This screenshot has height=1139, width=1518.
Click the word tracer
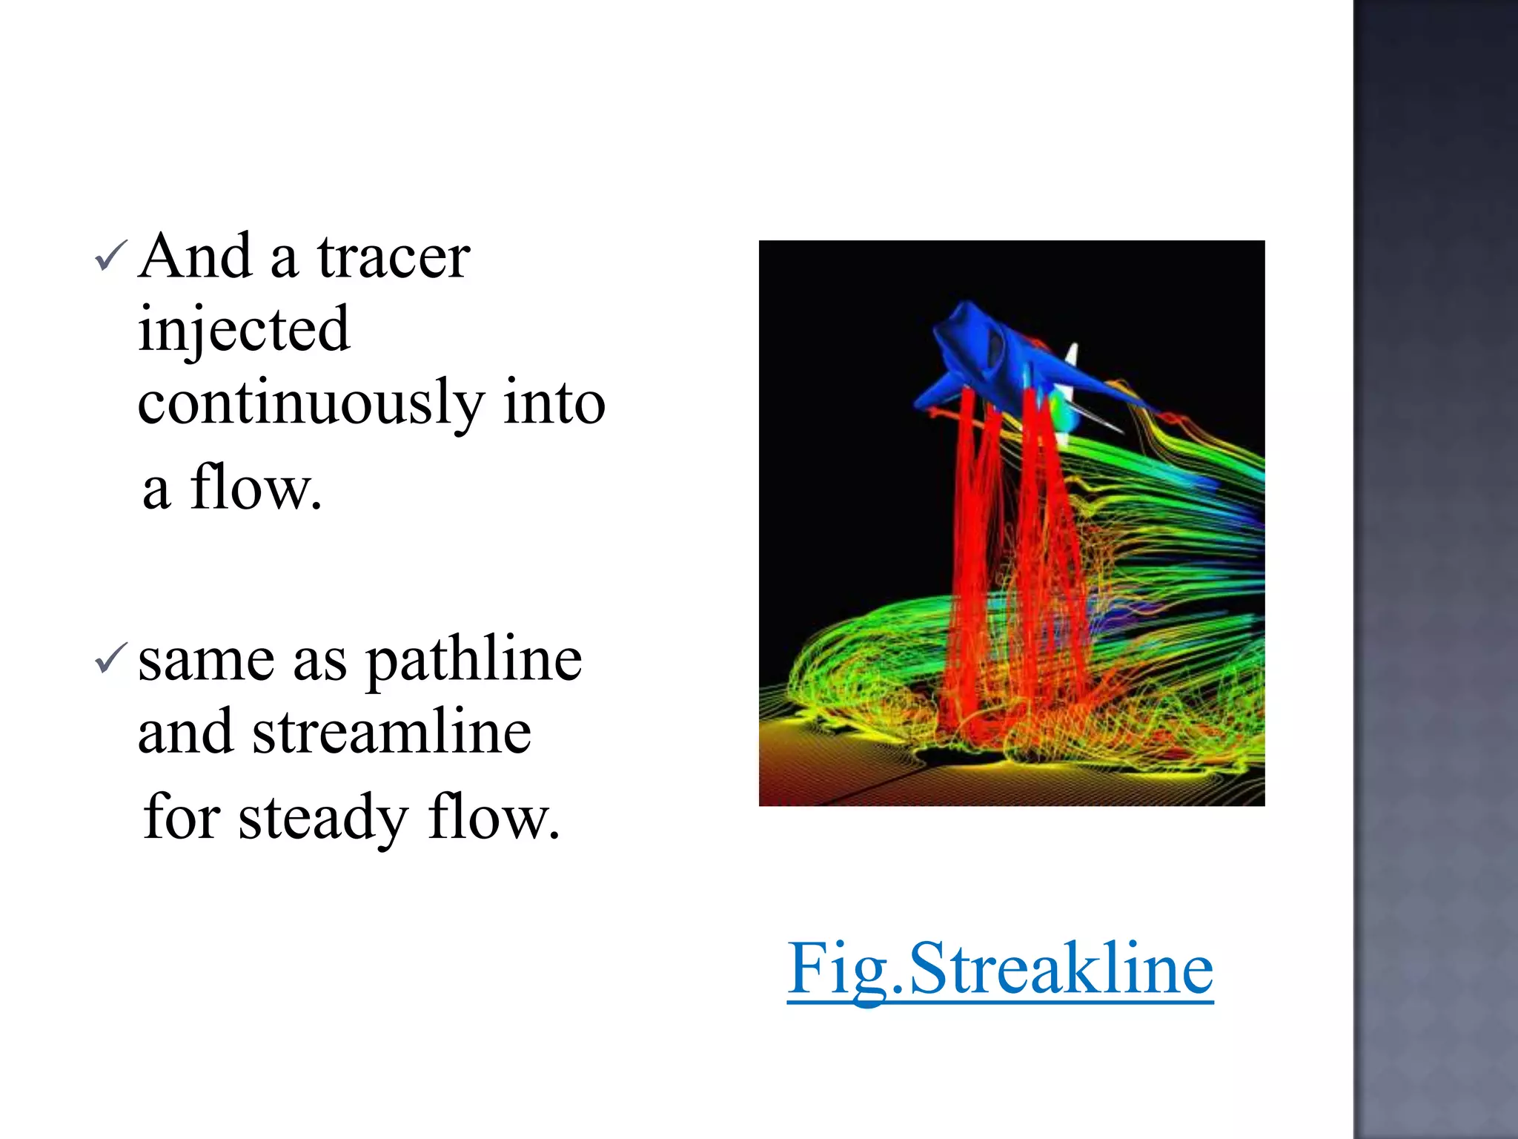(394, 257)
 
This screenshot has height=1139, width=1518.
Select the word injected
(243, 329)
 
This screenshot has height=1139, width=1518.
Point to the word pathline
(474, 661)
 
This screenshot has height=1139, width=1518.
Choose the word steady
(323, 819)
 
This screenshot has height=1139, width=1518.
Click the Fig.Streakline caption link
(1000, 968)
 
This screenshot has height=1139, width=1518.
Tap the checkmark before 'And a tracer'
(111, 256)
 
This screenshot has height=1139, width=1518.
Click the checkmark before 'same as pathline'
(111, 658)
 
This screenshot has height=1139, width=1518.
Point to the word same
(206, 661)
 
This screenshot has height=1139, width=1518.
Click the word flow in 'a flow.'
(255, 488)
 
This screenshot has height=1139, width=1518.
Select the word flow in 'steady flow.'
(492, 818)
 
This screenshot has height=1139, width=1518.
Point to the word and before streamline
(185, 733)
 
